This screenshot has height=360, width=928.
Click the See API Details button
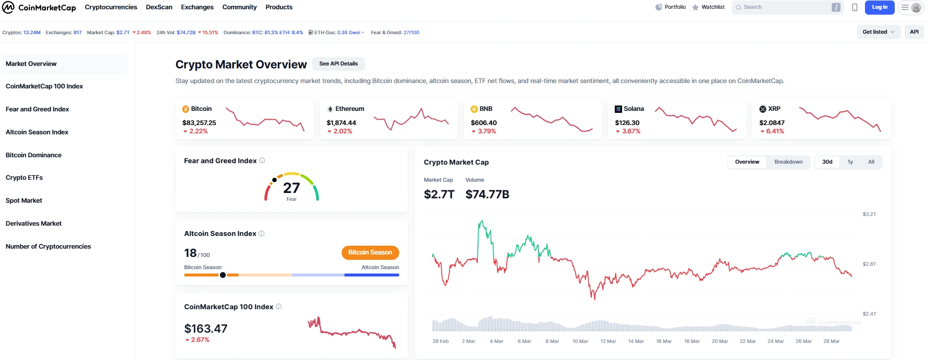click(338, 64)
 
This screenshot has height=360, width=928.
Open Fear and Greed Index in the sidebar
click(37, 109)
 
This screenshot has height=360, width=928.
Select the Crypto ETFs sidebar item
click(24, 177)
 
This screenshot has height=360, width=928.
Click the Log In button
click(879, 7)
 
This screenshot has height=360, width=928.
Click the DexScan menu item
click(159, 7)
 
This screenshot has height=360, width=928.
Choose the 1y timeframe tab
click(850, 162)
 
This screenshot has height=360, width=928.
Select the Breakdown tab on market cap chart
click(788, 162)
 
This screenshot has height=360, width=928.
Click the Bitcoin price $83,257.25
click(199, 123)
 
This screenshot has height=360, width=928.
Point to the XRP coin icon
click(762, 109)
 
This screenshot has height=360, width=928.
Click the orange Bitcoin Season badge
click(370, 253)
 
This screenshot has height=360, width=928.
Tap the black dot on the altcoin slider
click(223, 275)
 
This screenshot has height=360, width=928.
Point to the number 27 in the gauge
click(291, 188)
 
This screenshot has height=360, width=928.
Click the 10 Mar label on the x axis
click(580, 341)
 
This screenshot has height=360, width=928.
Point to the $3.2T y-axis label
click(869, 214)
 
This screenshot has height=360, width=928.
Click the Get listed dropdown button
click(878, 32)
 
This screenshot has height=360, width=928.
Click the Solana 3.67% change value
click(631, 131)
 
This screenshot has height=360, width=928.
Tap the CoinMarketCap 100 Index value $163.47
click(206, 329)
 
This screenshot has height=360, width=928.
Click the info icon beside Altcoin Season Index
click(261, 233)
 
